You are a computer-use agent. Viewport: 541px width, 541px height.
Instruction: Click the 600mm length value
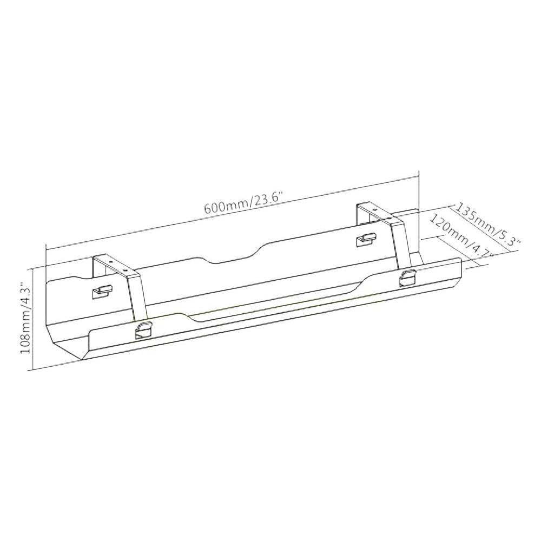223,207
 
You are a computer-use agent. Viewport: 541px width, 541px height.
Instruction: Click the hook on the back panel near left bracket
102,292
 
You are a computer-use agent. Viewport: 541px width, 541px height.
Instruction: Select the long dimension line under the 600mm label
233,212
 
